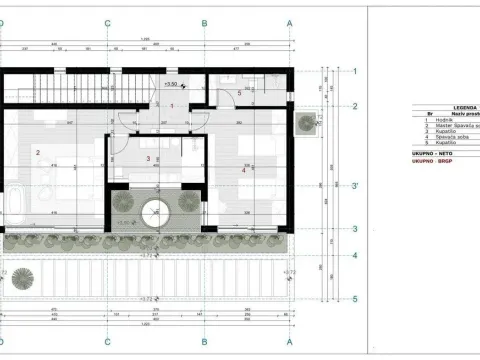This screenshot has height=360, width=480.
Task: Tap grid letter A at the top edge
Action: pyautogui.click(x=289, y=21)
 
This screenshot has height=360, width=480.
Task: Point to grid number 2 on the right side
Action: pyautogui.click(x=354, y=105)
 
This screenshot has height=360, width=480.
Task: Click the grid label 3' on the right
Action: pyautogui.click(x=355, y=184)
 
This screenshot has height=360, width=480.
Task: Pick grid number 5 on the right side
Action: pyautogui.click(x=354, y=297)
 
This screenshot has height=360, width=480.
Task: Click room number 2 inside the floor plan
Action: pyautogui.click(x=37, y=152)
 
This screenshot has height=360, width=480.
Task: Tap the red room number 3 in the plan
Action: pyautogui.click(x=148, y=158)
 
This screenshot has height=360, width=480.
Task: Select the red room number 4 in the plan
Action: pyautogui.click(x=243, y=169)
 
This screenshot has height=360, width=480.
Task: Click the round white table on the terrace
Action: pyautogui.click(x=155, y=213)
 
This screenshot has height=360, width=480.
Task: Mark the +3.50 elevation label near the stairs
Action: pyautogui.click(x=171, y=85)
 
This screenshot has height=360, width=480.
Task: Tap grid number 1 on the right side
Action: pyautogui.click(x=354, y=71)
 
